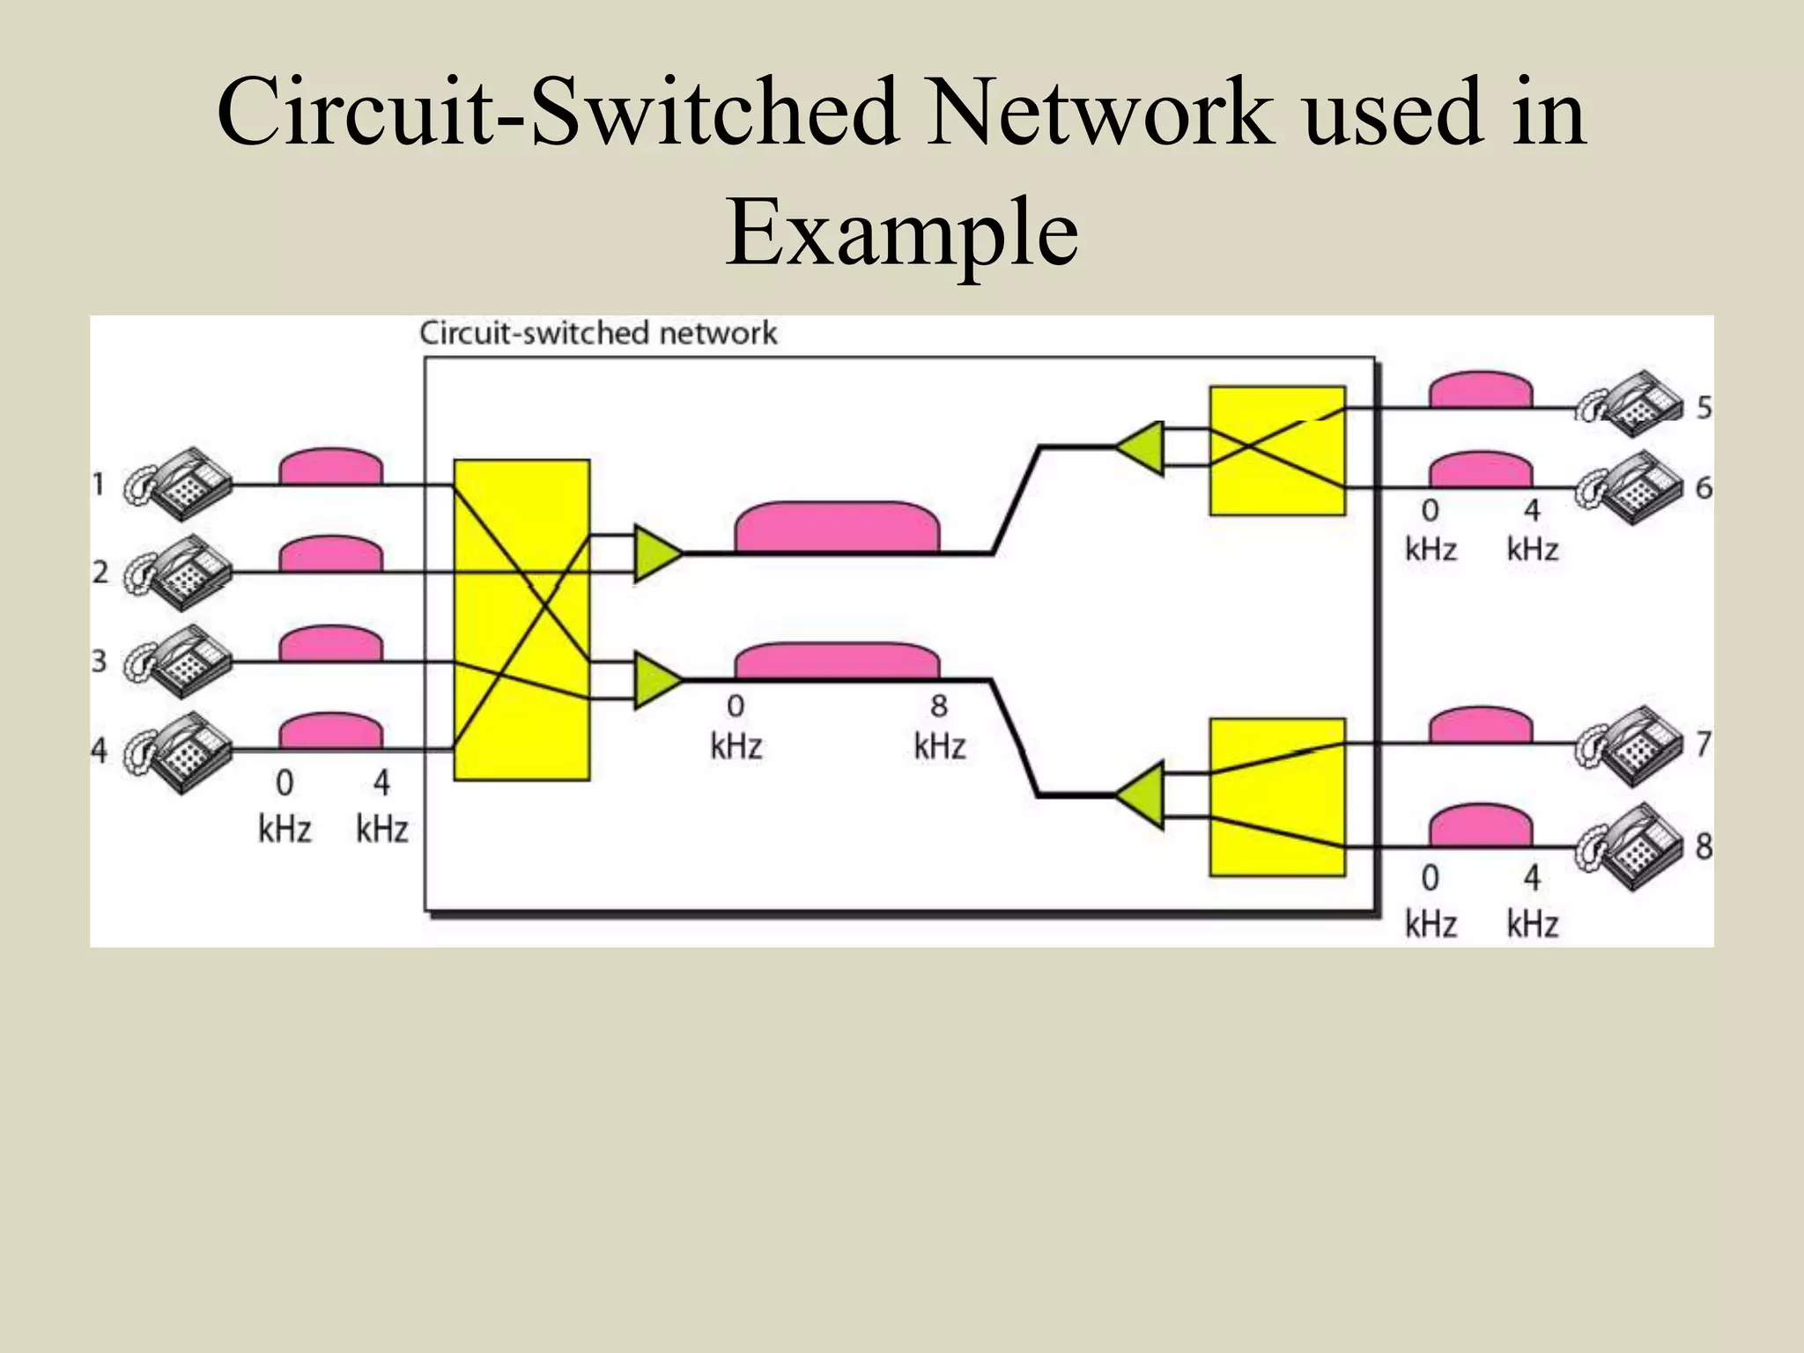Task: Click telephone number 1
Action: pyautogui.click(x=181, y=484)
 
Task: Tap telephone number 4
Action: pyautogui.click(x=181, y=751)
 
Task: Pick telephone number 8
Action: pyautogui.click(x=1630, y=847)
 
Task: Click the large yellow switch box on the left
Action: pyautogui.click(x=521, y=620)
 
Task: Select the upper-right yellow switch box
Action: pyautogui.click(x=1277, y=450)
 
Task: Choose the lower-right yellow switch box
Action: pyautogui.click(x=1277, y=797)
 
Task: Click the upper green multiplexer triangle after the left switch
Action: pyautogui.click(x=655, y=554)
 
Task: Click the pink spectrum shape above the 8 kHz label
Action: pyautogui.click(x=837, y=661)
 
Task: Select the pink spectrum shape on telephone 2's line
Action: pyautogui.click(x=330, y=555)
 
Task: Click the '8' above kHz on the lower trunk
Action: pyautogui.click(x=939, y=706)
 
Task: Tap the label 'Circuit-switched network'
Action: pyautogui.click(x=598, y=333)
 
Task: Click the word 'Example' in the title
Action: pyautogui.click(x=902, y=232)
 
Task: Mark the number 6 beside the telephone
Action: pyautogui.click(x=1704, y=487)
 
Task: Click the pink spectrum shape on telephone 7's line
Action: pyautogui.click(x=1480, y=726)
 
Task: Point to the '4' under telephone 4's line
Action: pyautogui.click(x=381, y=782)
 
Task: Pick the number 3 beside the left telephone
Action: pyautogui.click(x=99, y=661)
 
